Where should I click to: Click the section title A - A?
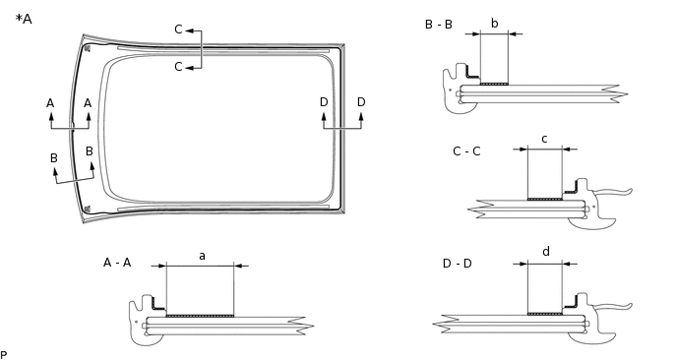click(117, 263)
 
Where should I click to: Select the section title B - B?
click(438, 25)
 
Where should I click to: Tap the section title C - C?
click(466, 151)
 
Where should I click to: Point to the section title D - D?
click(458, 263)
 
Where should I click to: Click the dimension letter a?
click(202, 256)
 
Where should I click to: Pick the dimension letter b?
click(494, 23)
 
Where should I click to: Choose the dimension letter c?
click(544, 139)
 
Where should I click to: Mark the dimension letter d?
click(546, 252)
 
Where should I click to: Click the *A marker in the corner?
click(24, 19)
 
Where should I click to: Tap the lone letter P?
click(4, 354)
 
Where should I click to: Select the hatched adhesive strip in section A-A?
click(200, 316)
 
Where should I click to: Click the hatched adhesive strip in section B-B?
click(493, 85)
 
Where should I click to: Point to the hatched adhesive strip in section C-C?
click(544, 200)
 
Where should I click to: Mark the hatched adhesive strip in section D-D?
click(545, 314)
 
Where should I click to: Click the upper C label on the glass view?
click(178, 30)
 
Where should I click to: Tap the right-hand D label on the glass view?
click(361, 102)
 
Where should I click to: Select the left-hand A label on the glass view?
click(50, 103)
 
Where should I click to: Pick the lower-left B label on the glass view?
click(54, 158)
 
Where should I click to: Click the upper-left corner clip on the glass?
click(88, 47)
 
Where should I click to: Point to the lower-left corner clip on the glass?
click(88, 208)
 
